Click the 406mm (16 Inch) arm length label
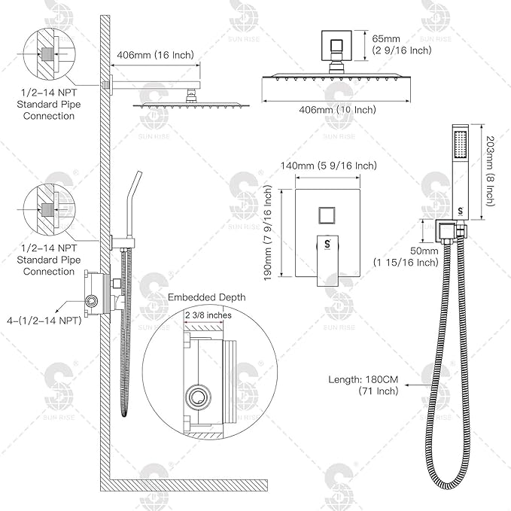155,55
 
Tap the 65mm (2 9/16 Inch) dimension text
402,44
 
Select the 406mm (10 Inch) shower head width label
337,110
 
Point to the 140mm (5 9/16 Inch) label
328,166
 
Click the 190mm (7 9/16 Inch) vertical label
268,233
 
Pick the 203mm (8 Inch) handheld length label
491,171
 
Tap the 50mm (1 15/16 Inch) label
406,257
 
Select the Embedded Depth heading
207,297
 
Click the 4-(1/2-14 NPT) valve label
44,321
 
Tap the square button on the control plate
328,216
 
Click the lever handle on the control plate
328,260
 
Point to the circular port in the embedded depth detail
198,397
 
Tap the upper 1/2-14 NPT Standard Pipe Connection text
49,105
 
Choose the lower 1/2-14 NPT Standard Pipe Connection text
49,260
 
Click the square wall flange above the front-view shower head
336,46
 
